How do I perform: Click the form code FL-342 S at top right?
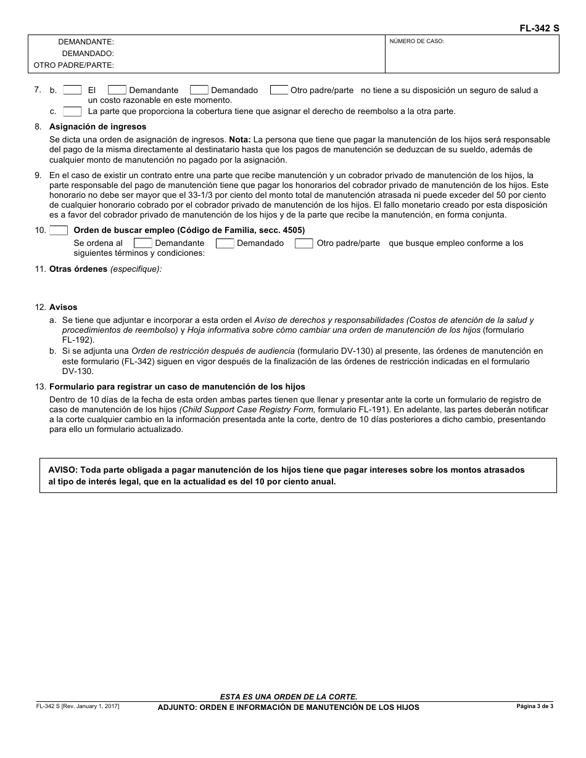tap(538, 28)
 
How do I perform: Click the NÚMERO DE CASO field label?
tap(416, 42)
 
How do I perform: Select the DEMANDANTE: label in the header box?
tap(86, 42)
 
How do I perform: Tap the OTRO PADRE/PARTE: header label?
tap(74, 65)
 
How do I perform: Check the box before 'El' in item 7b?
tap(72, 90)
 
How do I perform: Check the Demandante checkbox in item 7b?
tap(117, 90)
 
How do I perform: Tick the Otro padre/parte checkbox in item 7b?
tap(279, 90)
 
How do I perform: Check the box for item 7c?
tap(72, 112)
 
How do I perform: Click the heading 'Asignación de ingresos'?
tap(98, 127)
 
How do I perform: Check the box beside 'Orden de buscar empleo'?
tap(59, 230)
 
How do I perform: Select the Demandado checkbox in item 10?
tap(225, 243)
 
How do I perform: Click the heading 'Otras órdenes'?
tap(78, 269)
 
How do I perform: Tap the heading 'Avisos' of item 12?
tap(64, 307)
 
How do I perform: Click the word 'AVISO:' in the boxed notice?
tap(64, 470)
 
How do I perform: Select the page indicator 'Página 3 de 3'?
tap(535, 706)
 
